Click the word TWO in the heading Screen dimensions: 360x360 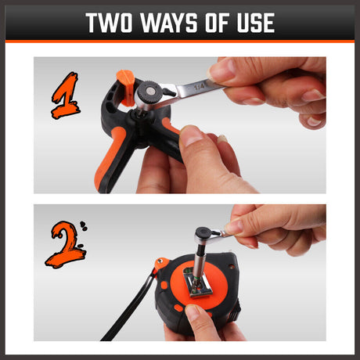pos(109,23)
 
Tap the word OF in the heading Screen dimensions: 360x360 pos(217,23)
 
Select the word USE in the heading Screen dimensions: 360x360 pos(256,23)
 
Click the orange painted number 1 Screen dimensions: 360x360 pos(66,95)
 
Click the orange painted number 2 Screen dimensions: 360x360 pos(65,244)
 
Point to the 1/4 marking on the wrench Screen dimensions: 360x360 pos(200,87)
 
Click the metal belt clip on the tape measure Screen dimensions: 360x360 pos(197,283)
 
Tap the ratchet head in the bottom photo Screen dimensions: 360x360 pos(204,234)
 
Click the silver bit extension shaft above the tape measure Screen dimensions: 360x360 pos(199,260)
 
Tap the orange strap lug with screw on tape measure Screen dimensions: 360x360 pos(161,264)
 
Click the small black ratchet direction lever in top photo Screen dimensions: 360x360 pos(169,92)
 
